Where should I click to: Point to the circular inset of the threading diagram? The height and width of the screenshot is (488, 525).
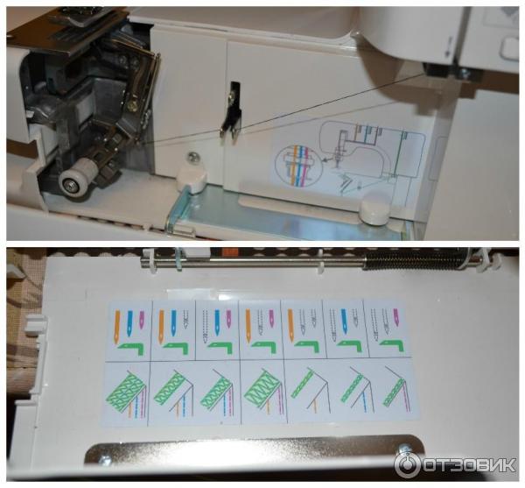coord(296,166)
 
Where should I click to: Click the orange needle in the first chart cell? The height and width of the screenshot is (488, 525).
coord(117,326)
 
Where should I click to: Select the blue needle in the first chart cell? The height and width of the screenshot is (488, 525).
coord(129,323)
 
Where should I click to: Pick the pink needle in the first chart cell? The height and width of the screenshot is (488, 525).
coord(142,319)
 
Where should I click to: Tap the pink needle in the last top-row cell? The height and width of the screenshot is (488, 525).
coord(397,318)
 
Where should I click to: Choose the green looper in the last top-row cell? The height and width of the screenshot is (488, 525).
coord(393,346)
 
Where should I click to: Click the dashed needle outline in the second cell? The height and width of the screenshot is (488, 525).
coord(185,319)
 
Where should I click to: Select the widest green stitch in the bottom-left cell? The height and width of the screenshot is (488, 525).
coord(125,389)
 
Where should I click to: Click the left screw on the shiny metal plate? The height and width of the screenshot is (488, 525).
coord(107,461)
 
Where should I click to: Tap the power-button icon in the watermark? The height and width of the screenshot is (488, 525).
coord(406,465)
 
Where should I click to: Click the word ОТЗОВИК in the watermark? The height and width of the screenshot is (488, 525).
coord(468,465)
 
